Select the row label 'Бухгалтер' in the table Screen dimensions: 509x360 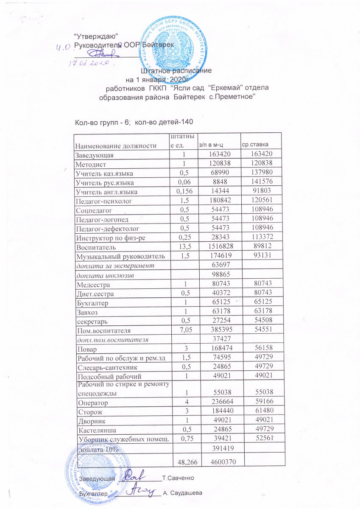click(x=91, y=302)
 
